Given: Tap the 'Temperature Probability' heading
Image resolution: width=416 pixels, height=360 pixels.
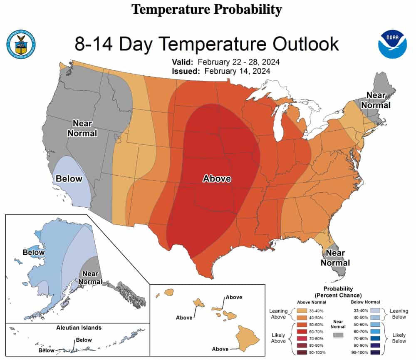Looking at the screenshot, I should click(207, 9).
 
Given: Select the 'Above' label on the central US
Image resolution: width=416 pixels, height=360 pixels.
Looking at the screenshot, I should click(217, 179).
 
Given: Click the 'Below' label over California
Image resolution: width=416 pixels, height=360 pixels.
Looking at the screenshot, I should click(69, 179).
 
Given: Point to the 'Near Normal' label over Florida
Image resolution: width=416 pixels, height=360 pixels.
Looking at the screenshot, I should click(335, 258).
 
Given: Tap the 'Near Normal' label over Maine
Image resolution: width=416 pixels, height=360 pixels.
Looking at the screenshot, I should click(376, 100).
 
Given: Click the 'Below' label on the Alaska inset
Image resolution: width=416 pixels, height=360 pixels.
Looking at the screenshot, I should click(34, 252).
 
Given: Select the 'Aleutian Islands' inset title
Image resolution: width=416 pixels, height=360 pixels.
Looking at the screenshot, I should click(79, 328).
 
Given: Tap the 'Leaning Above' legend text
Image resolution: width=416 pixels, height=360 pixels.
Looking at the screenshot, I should click(278, 314).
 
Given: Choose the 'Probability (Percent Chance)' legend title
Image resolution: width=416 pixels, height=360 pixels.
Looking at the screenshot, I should click(337, 292).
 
